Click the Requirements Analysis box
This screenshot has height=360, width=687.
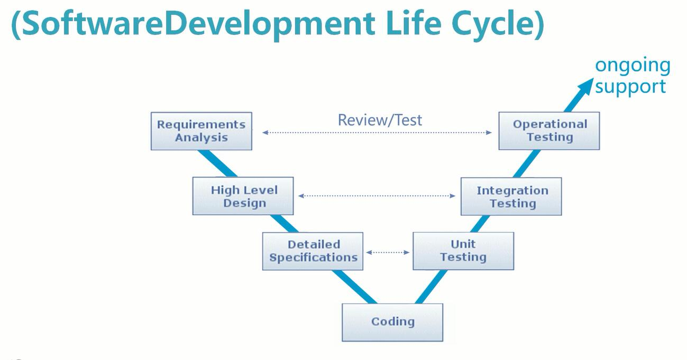point(201,131)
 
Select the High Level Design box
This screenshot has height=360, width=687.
point(243,196)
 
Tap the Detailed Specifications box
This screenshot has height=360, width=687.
point(313,251)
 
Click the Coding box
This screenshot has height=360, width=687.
point(392,322)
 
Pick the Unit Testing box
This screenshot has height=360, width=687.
point(463,251)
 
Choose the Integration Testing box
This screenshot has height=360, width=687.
point(511,196)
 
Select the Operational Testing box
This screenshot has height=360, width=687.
point(549,131)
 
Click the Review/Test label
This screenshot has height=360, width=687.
point(380,120)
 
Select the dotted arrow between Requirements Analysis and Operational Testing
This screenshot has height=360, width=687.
point(377,133)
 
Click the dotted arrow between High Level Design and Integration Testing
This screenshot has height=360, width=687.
point(377,196)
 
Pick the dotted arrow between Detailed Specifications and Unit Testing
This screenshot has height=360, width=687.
point(388,252)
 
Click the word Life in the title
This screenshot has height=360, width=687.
point(413,24)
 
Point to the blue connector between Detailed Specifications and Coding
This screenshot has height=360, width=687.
point(355,287)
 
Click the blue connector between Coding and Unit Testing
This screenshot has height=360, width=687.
point(431,287)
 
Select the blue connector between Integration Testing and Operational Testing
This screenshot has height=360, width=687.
point(526,164)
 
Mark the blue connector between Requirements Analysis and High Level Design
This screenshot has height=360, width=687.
point(217,163)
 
